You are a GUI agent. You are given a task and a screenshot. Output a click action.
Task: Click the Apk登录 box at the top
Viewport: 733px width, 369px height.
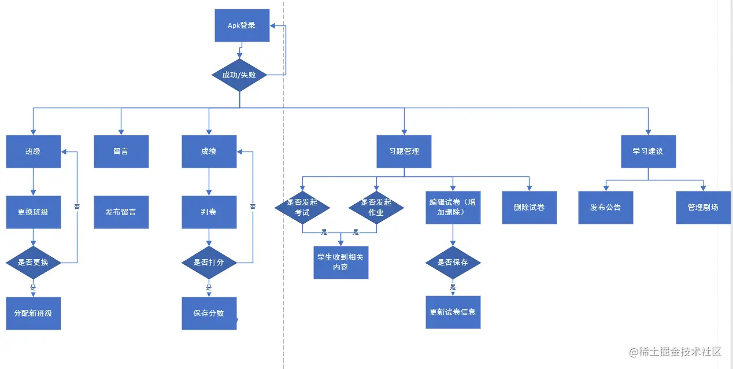click(242, 25)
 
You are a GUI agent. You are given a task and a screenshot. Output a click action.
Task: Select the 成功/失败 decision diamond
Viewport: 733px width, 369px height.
click(239, 75)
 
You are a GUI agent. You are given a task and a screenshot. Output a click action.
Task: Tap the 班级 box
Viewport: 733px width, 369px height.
click(33, 152)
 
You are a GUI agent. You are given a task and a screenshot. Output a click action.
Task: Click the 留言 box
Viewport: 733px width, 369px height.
click(121, 152)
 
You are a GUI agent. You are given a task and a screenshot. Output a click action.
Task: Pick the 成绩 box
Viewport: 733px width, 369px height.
click(209, 152)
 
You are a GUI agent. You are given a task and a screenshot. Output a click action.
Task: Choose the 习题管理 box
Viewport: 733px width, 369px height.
click(404, 152)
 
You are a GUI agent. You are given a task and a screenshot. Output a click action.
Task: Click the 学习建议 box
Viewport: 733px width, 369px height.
click(648, 152)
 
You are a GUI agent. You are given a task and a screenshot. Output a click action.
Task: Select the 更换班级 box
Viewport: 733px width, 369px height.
click(33, 212)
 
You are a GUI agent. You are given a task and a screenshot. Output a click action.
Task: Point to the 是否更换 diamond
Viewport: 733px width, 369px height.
click(33, 263)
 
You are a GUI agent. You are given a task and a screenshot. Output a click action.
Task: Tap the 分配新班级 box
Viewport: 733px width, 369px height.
click(33, 313)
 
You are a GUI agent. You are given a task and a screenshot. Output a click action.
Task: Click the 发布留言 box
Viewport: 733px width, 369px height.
click(121, 212)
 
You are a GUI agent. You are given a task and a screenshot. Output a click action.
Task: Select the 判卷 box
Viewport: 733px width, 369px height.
click(209, 212)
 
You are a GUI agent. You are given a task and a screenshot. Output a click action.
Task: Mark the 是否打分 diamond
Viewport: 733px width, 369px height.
click(209, 263)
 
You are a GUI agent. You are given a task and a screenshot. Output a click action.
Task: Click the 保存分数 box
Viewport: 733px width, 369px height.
click(209, 313)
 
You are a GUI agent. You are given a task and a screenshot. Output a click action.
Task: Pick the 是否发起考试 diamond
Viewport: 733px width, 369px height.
click(302, 208)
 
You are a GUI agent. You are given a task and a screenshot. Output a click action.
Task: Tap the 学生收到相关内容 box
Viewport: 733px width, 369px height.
click(340, 262)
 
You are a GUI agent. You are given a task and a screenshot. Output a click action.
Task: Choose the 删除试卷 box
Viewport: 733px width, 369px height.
click(529, 207)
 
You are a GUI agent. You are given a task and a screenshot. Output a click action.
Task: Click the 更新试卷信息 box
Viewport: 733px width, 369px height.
click(453, 312)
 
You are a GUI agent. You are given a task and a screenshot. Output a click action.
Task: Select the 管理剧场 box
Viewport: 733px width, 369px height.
click(703, 207)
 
